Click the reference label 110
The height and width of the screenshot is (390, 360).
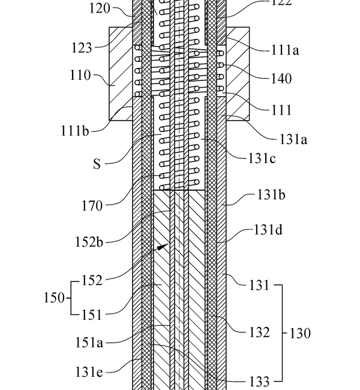coord(80,76)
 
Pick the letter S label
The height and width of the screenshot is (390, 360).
coord(97,163)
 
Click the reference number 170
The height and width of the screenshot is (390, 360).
coord(91,206)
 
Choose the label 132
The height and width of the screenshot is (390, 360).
coord(259,332)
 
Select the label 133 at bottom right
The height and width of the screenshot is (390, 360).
coord(259,380)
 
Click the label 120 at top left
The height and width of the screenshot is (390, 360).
coord(100,9)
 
